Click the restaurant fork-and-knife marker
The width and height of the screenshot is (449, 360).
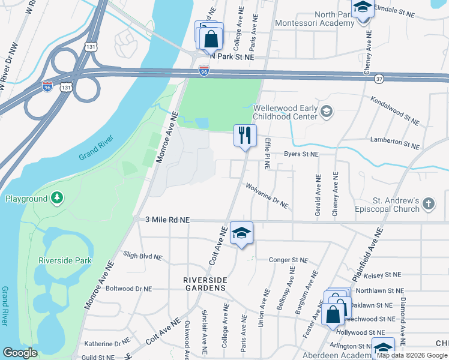tap(245, 136)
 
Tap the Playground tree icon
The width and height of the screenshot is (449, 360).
tap(57, 198)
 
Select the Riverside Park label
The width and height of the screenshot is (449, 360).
tap(65, 260)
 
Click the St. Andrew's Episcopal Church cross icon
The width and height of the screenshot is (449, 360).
tap(428, 204)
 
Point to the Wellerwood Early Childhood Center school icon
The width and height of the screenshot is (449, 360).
tap(327, 111)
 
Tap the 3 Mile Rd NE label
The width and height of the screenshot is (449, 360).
tap(167, 220)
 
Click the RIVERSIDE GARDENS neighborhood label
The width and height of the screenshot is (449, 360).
tap(205, 284)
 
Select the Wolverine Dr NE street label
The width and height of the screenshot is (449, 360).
tap(267, 196)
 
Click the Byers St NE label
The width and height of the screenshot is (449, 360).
tap(301, 154)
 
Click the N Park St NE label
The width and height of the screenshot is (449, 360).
tap(229, 57)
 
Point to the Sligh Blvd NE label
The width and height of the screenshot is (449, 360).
tap(142, 256)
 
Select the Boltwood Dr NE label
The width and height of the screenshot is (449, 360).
tap(128, 289)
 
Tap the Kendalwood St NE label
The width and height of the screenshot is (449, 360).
tap(395, 111)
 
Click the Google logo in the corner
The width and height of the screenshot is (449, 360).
tap(20, 353)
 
